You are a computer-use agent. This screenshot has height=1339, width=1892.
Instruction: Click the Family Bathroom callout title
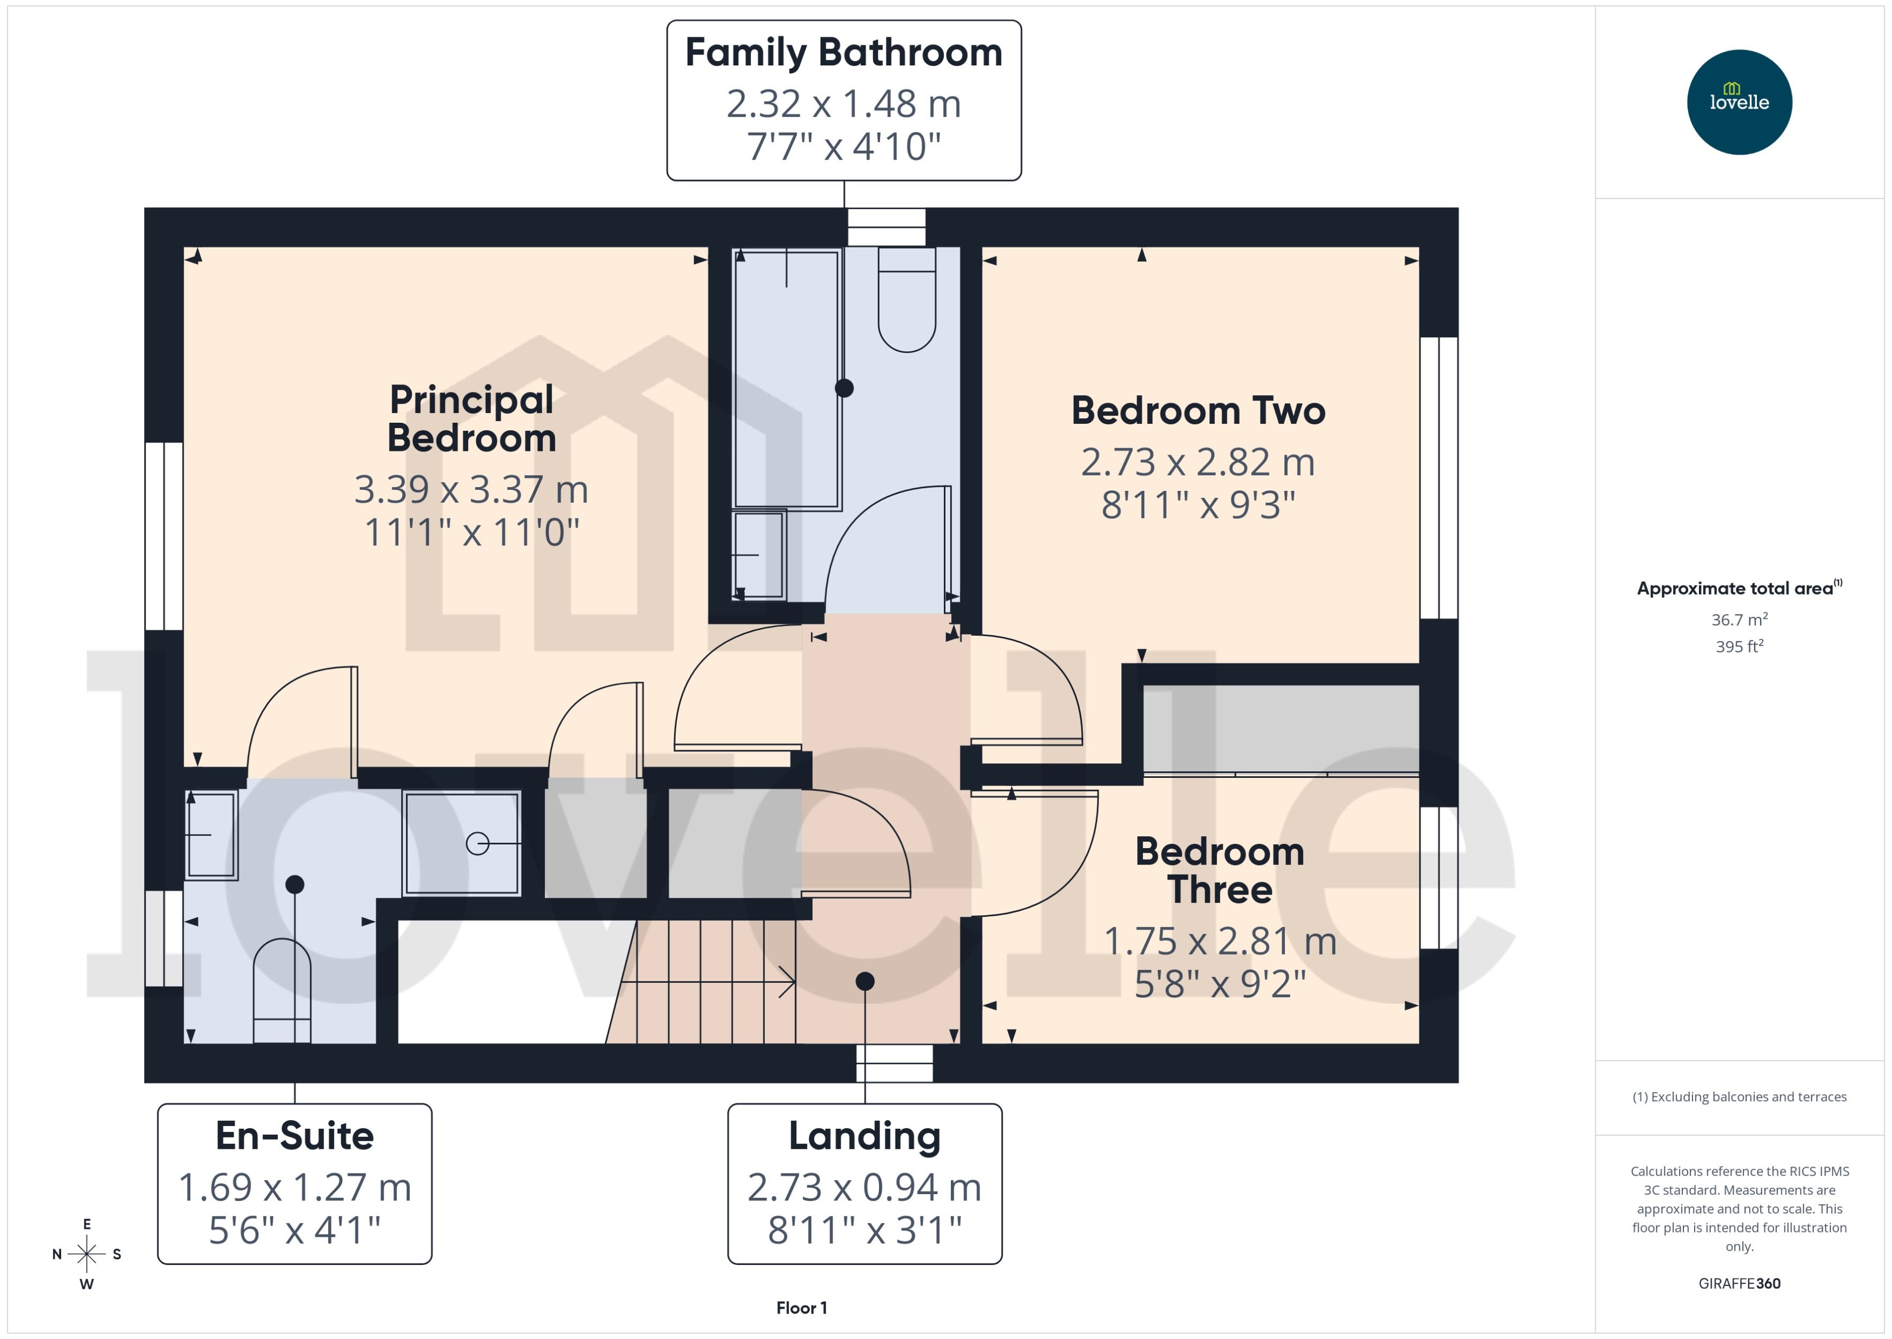tap(843, 53)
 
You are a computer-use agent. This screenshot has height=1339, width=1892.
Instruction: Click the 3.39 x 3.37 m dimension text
tap(471, 490)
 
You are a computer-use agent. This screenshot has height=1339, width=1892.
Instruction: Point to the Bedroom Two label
tap(1198, 411)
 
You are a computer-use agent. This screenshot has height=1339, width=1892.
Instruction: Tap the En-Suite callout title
tap(294, 1136)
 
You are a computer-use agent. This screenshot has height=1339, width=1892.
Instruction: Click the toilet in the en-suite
tap(282, 989)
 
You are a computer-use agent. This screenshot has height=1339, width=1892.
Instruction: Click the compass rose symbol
tap(86, 1254)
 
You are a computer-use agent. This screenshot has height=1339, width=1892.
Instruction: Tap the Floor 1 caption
tap(801, 1308)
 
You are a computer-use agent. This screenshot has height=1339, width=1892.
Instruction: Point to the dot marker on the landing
tap(865, 981)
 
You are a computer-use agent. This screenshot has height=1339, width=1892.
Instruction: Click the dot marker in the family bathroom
tap(844, 388)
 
